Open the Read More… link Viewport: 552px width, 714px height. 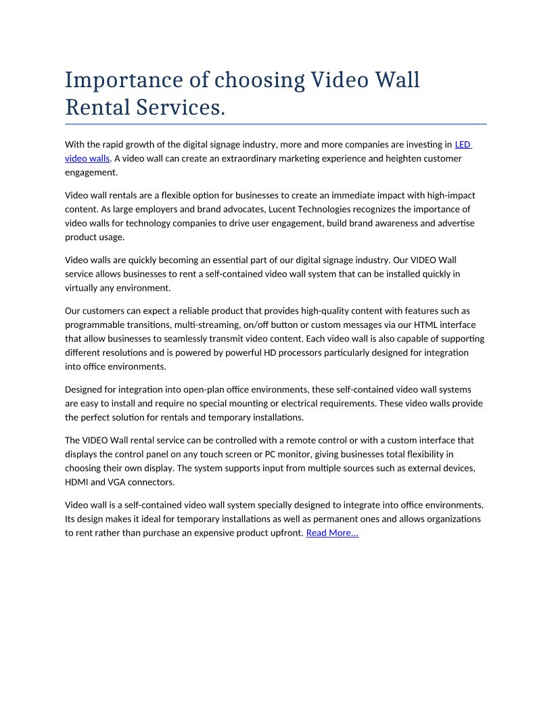pos(332,533)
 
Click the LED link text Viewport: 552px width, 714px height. pos(463,144)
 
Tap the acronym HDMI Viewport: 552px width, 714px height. pos(78,482)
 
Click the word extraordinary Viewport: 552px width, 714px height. pos(258,158)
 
